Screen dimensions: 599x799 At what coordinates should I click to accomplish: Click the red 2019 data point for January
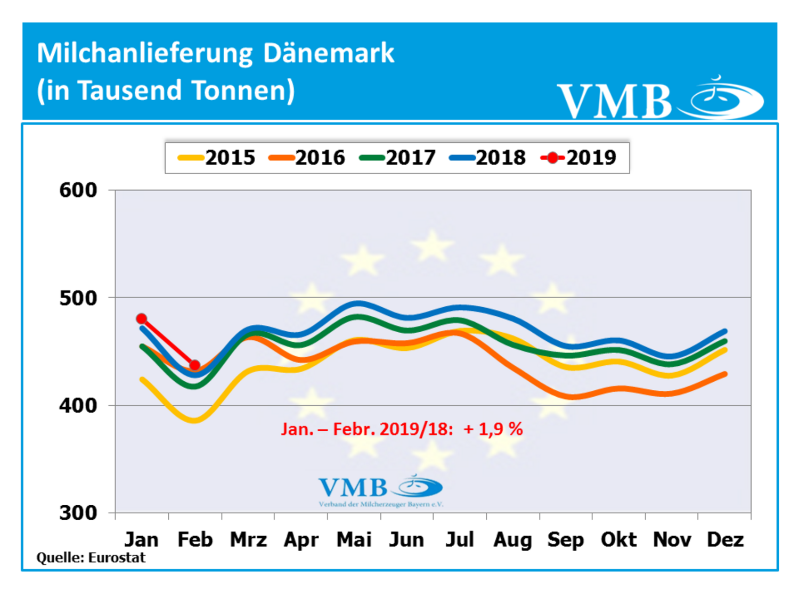[141, 319]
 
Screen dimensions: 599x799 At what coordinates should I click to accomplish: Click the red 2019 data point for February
[194, 365]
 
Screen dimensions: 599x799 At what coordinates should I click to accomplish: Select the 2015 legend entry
[217, 158]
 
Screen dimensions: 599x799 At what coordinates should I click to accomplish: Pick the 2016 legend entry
[307, 158]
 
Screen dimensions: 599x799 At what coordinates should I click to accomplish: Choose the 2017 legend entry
[398, 158]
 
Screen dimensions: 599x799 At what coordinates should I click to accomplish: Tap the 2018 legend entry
[488, 158]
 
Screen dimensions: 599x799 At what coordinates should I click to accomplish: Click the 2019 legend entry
[579, 158]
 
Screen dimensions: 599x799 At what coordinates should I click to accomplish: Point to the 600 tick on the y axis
[78, 190]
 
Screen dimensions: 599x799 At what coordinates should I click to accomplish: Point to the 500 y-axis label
[78, 298]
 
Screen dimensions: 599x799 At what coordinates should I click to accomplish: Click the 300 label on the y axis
[78, 513]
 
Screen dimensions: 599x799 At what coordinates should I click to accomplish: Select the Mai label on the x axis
[354, 539]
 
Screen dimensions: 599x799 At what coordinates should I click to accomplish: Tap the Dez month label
[724, 539]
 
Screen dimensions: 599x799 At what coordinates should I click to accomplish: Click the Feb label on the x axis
[195, 539]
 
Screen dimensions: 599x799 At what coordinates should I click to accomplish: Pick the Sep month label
[565, 539]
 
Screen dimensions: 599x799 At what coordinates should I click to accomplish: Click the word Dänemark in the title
[328, 53]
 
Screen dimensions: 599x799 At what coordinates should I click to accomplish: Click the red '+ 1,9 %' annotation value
[493, 429]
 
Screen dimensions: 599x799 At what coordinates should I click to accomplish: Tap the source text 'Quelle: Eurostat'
[91, 557]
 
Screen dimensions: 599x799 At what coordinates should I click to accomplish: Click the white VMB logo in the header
[661, 99]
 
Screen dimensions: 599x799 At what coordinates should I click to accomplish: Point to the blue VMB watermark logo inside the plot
[380, 489]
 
